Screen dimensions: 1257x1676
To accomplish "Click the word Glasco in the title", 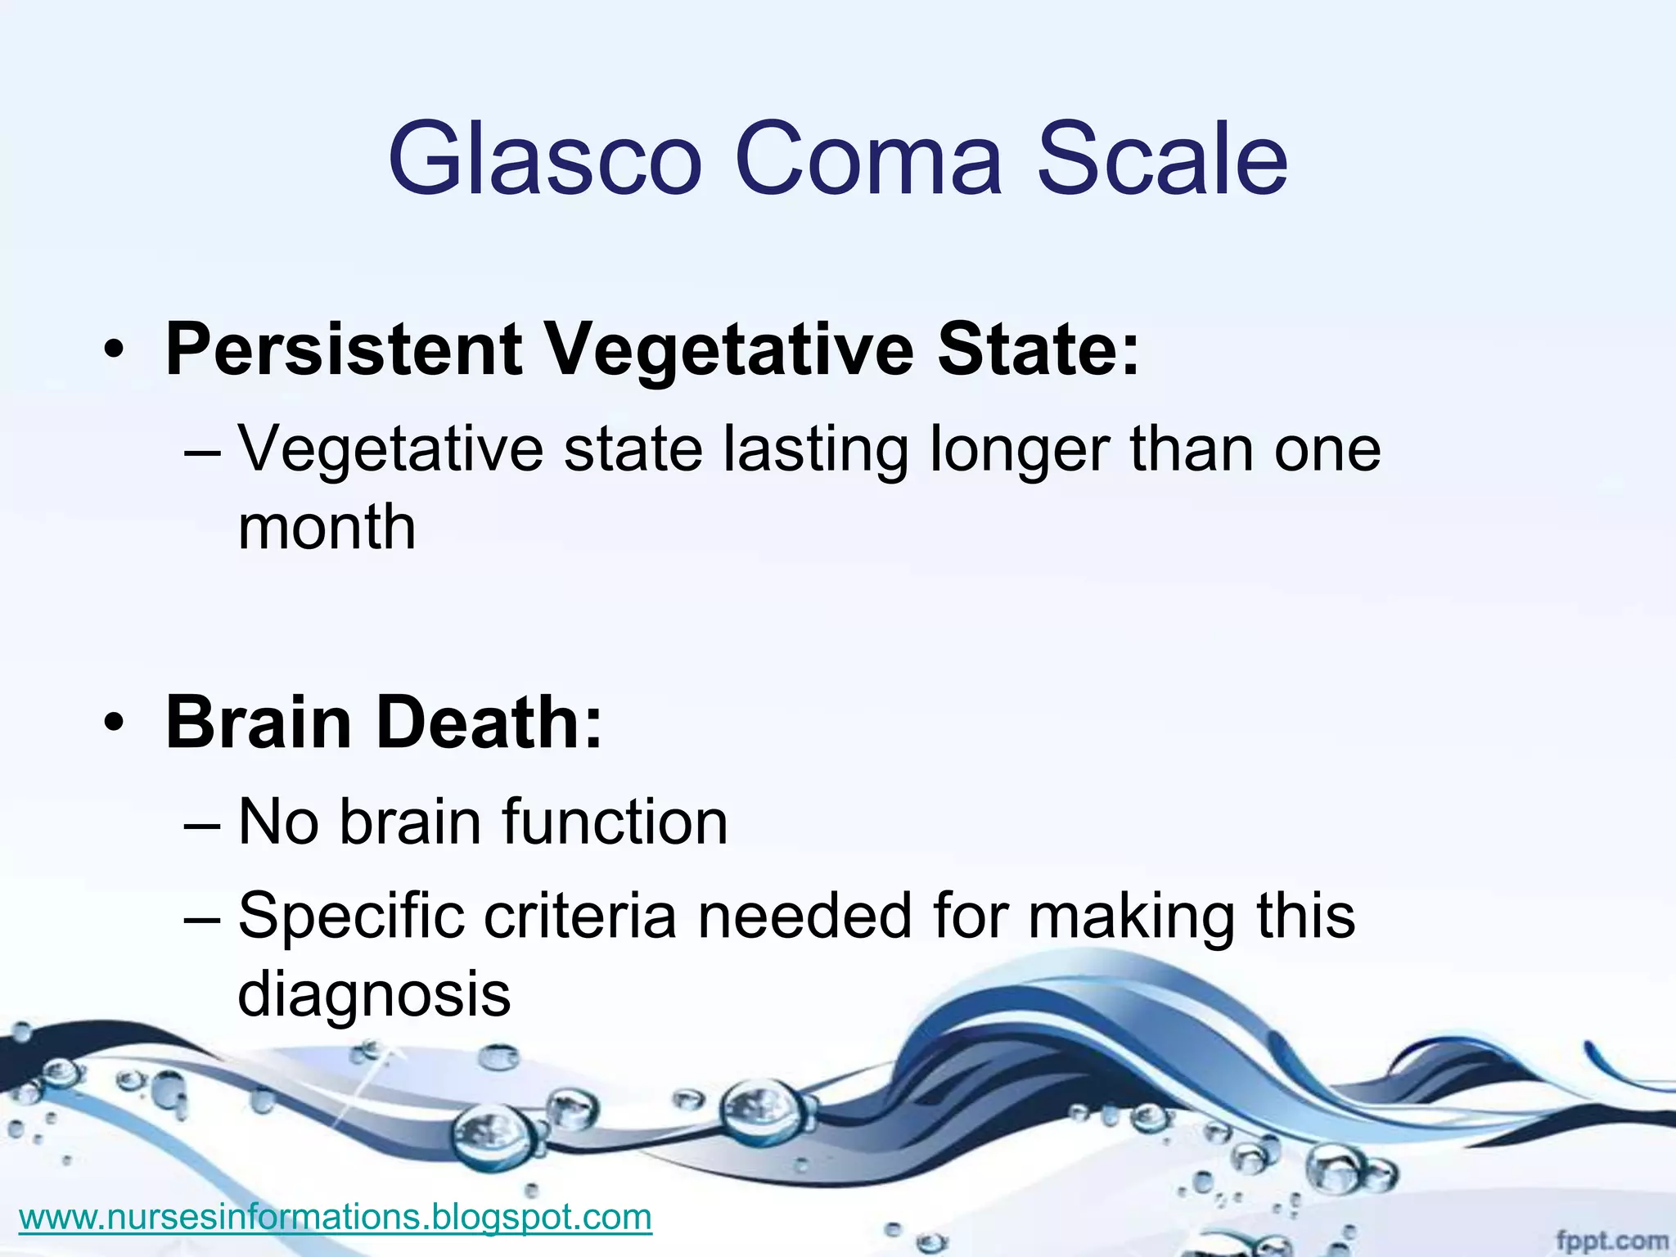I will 545,159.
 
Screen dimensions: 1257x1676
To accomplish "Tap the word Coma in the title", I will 868,159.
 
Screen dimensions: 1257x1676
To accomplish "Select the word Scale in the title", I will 1163,159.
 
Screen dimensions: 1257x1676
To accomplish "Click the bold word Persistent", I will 344,350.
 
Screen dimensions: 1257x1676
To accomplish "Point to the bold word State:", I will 1038,350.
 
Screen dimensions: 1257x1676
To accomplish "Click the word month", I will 327,527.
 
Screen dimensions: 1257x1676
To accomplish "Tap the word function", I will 614,822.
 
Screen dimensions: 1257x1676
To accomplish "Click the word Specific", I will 352,917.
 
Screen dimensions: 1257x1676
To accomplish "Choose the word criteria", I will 580,917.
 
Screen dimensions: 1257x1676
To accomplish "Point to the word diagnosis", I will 374,995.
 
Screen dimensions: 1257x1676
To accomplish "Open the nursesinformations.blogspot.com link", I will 335,1217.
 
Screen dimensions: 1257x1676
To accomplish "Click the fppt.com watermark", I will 1611,1241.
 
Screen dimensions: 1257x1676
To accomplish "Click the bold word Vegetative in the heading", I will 728,350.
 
